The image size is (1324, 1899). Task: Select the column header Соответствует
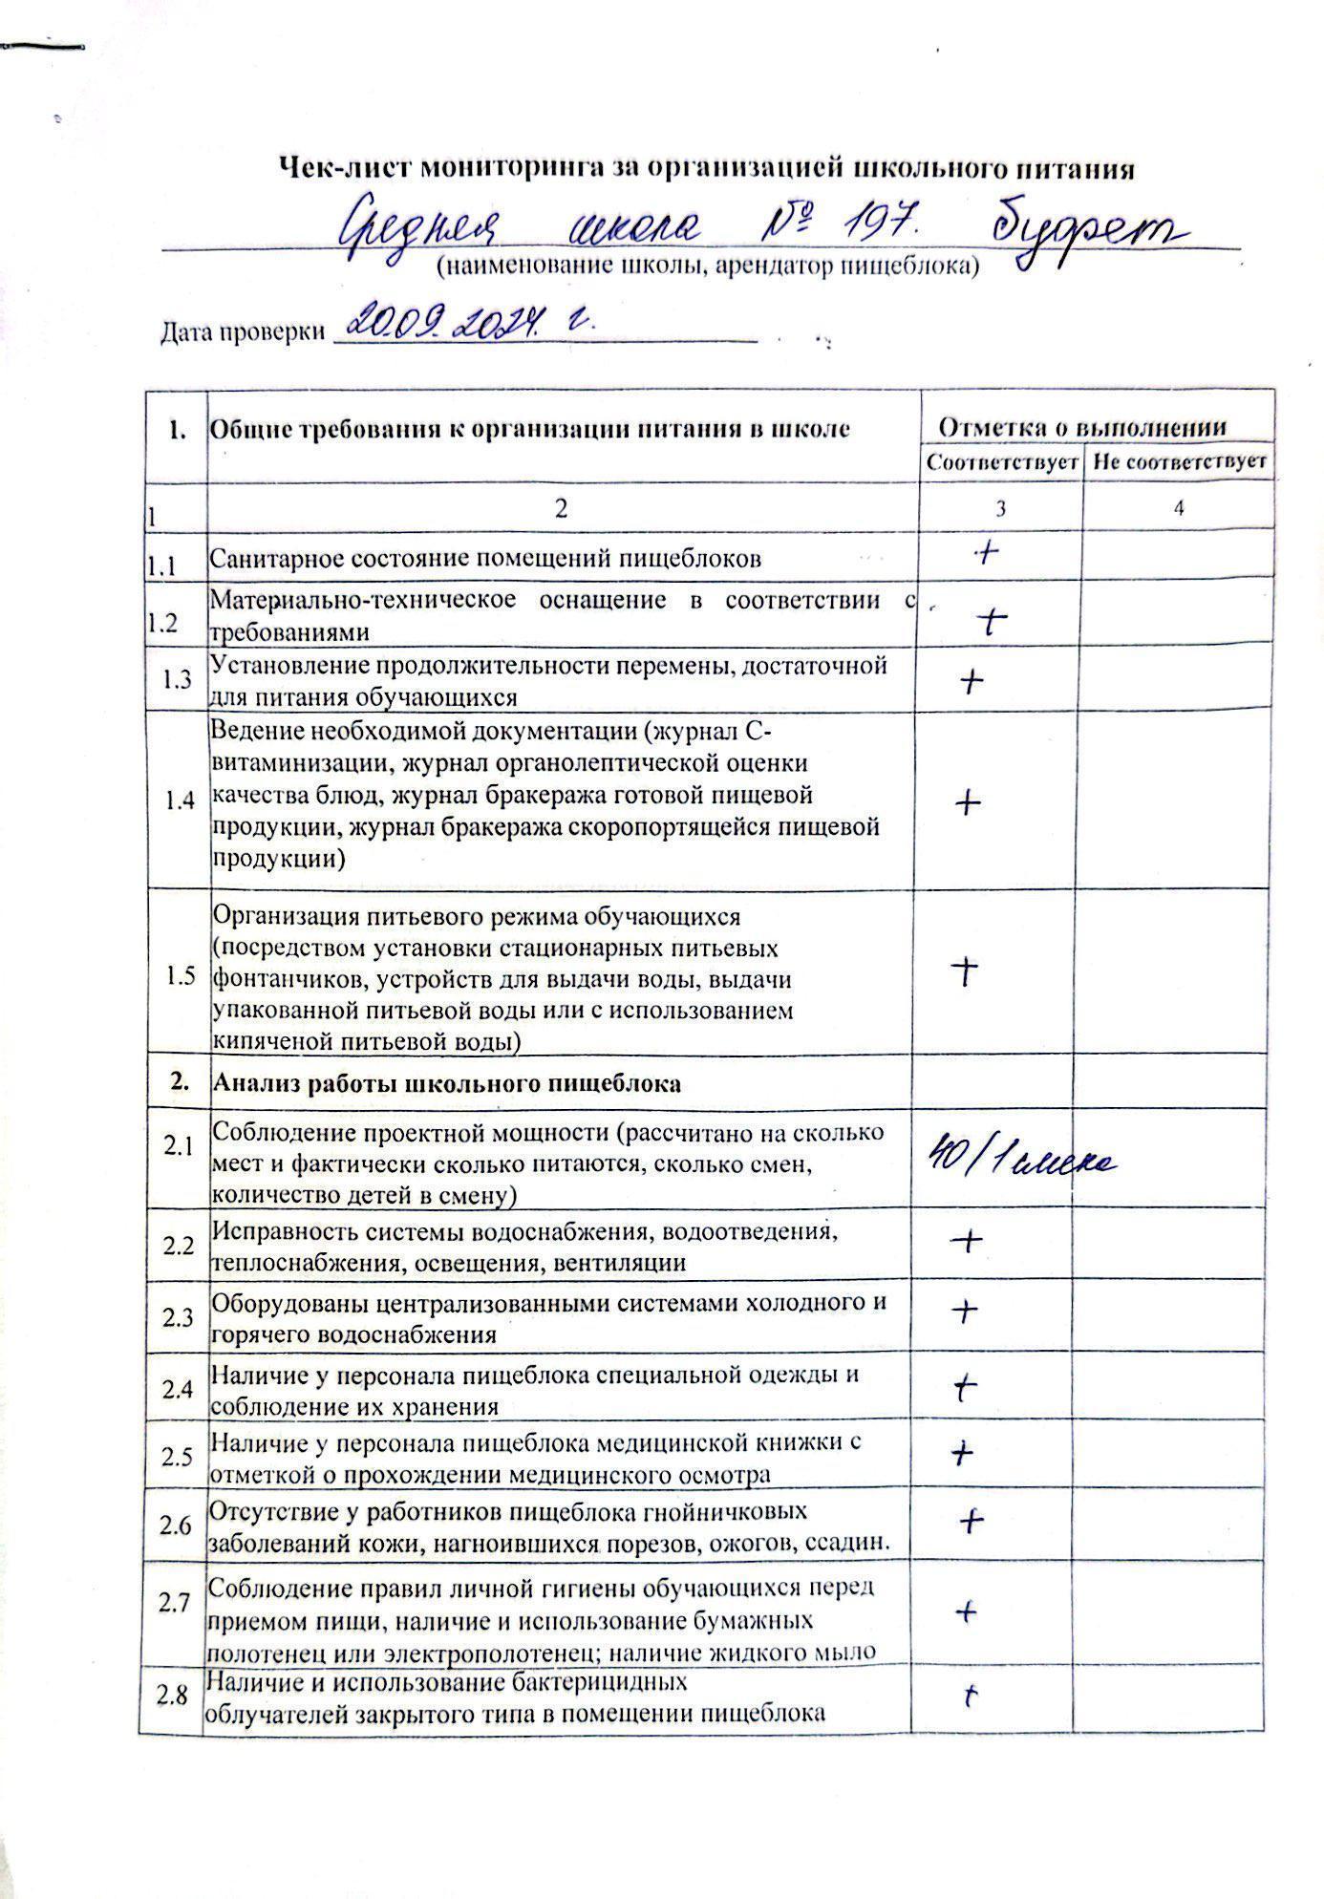(1001, 462)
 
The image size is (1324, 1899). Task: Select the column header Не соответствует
(1179, 462)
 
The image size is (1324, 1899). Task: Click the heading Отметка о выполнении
(1081, 427)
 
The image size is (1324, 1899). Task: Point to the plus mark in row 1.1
(984, 553)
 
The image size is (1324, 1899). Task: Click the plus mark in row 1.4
(968, 803)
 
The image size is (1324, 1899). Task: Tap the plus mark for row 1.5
(967, 971)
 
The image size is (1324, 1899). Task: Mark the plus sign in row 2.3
(965, 1312)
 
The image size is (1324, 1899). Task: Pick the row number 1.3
(178, 679)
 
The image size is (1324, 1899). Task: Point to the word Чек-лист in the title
(343, 169)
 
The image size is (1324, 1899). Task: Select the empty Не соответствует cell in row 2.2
(1173, 1243)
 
